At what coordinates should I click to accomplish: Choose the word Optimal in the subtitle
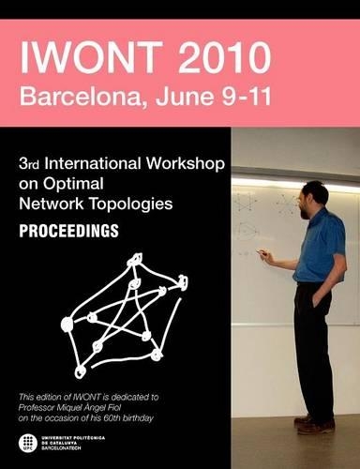tap(74, 183)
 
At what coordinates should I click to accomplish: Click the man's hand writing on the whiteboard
tap(263, 253)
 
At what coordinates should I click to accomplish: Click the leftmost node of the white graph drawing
tap(67, 325)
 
